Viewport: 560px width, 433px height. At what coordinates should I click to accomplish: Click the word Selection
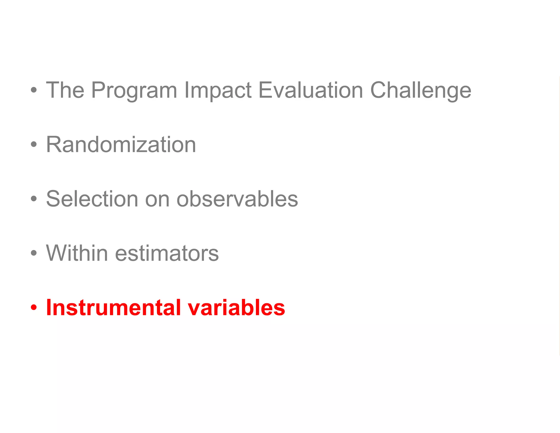coord(92,199)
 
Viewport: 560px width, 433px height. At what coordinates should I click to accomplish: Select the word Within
coord(77,253)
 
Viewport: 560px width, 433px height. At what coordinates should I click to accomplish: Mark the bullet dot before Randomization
coord(34,144)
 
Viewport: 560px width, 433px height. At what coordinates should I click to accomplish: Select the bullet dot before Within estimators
coord(34,253)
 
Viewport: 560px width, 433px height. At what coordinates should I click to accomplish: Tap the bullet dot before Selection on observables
coord(34,199)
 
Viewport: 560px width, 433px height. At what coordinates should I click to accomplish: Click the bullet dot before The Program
coord(34,90)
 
